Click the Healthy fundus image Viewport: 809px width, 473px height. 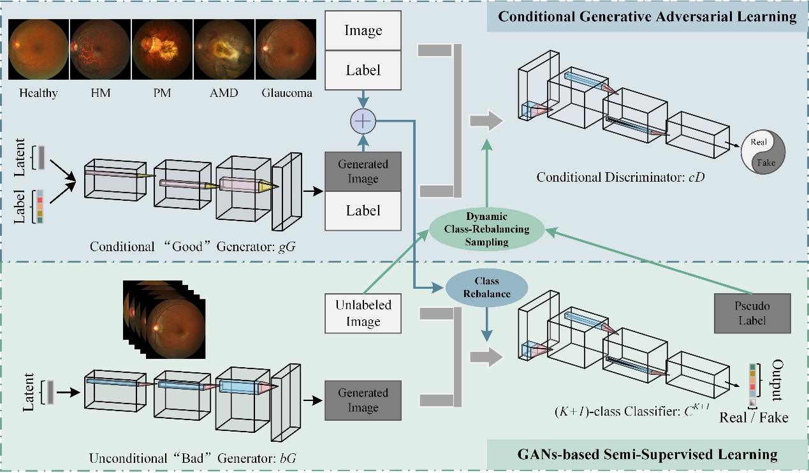click(x=38, y=48)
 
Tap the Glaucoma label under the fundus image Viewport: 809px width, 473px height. click(x=287, y=93)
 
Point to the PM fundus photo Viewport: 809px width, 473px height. click(x=161, y=48)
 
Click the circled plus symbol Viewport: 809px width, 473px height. click(x=363, y=120)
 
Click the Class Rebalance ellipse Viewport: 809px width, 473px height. click(x=487, y=287)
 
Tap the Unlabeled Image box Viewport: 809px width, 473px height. click(x=363, y=313)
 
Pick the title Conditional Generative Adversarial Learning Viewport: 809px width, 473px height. click(x=647, y=17)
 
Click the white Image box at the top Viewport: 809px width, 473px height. click(x=363, y=30)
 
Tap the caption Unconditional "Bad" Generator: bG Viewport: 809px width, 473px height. click(x=193, y=457)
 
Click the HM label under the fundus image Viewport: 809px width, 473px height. click(x=100, y=93)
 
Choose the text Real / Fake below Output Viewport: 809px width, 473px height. click(x=754, y=418)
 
